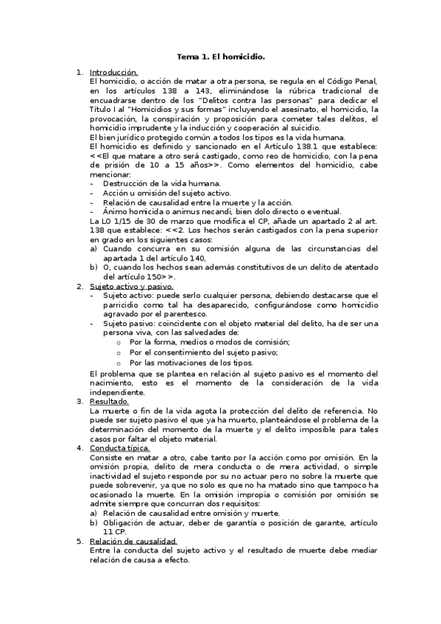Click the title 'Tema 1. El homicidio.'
(x=221, y=56)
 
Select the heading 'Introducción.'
(x=113, y=72)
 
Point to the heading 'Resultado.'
(x=109, y=401)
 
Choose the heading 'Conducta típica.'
(x=119, y=447)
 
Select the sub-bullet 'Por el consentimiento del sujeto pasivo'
(x=197, y=352)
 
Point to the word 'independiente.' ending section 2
(x=114, y=392)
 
